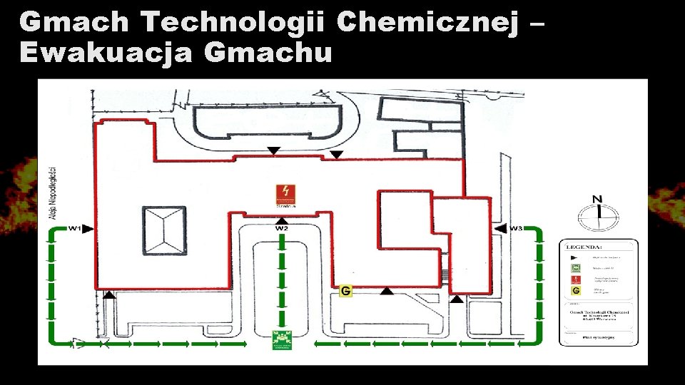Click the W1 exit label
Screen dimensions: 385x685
click(x=74, y=228)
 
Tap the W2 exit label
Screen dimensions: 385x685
click(x=283, y=228)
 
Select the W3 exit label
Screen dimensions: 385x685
click(x=516, y=228)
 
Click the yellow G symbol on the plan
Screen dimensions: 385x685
click(x=345, y=291)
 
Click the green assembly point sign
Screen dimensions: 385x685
click(x=283, y=340)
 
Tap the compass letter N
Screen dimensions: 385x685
click(x=598, y=199)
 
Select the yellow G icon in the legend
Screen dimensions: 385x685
click(x=575, y=292)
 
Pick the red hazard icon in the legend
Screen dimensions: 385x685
click(x=575, y=280)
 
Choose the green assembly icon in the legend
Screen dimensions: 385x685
click(x=575, y=268)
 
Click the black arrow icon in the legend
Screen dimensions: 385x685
click(x=575, y=257)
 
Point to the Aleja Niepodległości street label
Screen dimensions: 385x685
click(x=51, y=192)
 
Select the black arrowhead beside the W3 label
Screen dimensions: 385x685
click(x=500, y=228)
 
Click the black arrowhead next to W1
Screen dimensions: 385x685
click(x=88, y=228)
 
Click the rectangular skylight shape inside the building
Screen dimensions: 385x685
click(x=165, y=231)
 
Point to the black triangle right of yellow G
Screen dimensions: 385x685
click(x=387, y=290)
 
